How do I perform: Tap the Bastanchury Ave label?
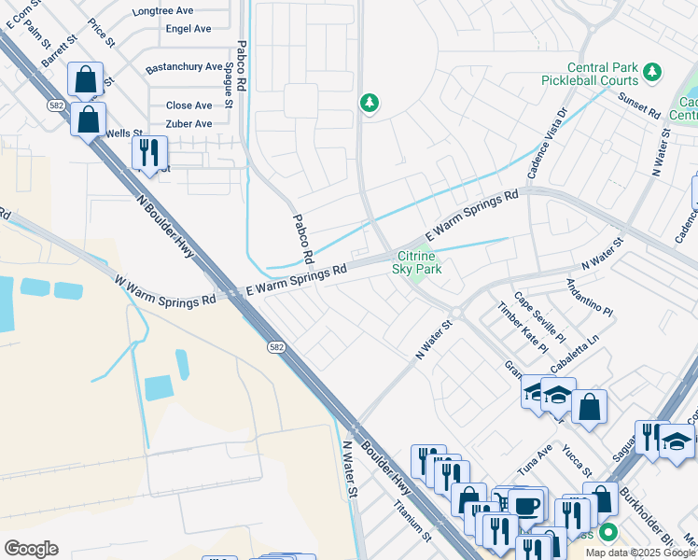pyautogui.click(x=185, y=67)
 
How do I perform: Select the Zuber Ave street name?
pyautogui.click(x=188, y=123)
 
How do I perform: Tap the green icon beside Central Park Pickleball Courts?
pyautogui.click(x=652, y=71)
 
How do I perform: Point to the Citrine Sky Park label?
pyautogui.click(x=415, y=262)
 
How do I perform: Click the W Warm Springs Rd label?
pyautogui.click(x=165, y=290)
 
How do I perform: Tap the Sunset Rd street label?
pyautogui.click(x=639, y=106)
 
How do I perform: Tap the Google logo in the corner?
pyautogui.click(x=31, y=549)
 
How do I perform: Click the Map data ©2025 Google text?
pyautogui.click(x=640, y=553)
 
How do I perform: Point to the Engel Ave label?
pyautogui.click(x=188, y=29)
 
